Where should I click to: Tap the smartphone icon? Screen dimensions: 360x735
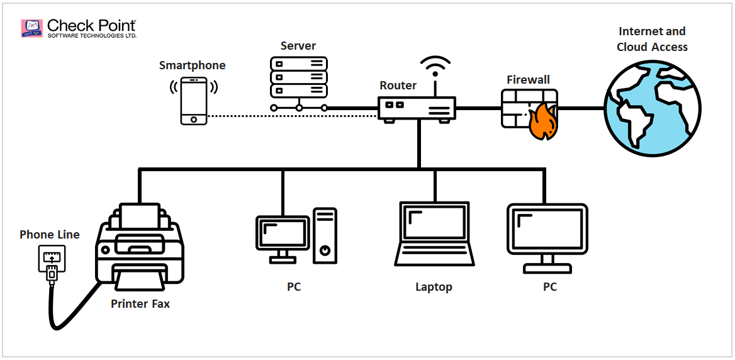click(193, 101)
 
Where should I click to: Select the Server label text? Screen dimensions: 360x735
click(298, 46)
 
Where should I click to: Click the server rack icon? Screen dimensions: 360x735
click(299, 78)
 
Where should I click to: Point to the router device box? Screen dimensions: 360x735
click(417, 109)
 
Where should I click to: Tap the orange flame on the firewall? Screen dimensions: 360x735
click(542, 124)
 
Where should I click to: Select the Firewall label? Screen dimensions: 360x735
click(528, 80)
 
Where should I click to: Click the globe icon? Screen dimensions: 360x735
click(653, 108)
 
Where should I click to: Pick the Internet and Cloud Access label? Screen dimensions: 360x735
click(652, 39)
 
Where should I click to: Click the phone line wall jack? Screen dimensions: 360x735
click(50, 259)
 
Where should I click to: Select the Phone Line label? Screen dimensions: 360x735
click(50, 235)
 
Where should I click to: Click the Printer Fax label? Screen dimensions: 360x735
click(140, 304)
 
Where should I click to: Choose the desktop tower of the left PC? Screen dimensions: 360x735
click(325, 236)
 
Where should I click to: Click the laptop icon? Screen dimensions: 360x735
click(434, 234)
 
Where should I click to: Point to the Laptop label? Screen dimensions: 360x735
click(434, 287)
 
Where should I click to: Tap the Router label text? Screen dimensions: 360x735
click(398, 86)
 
